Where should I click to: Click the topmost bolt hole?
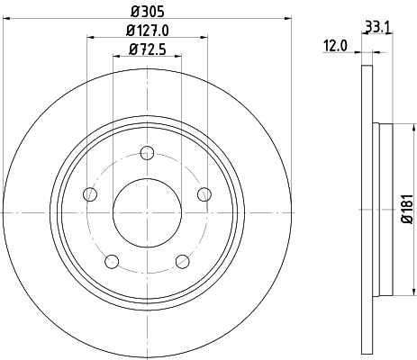tap(147, 151)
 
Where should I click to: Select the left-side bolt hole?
tap(89, 193)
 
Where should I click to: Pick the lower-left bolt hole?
tap(112, 261)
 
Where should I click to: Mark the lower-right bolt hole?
tap(182, 261)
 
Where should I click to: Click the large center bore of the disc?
tap(147, 212)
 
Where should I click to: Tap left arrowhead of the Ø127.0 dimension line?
tap(90, 37)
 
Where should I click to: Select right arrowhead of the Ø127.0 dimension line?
tap(204, 37)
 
